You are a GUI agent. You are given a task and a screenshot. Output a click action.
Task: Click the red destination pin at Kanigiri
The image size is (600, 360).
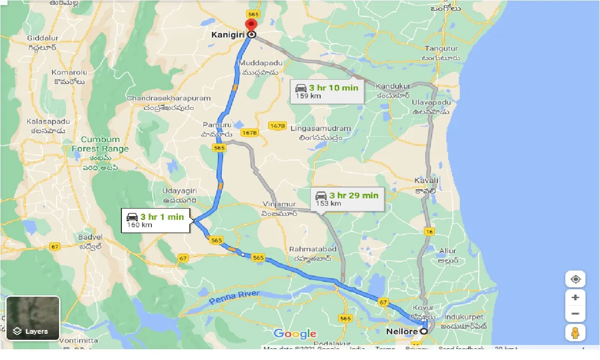point(252,26)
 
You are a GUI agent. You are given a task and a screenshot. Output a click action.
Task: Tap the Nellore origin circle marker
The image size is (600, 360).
point(424,331)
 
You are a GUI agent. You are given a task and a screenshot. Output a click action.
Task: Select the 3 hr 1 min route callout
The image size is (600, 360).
point(155,220)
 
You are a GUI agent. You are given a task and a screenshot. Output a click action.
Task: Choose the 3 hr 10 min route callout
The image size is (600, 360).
point(327,91)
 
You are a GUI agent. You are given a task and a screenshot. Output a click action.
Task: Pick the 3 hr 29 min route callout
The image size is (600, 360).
point(347,199)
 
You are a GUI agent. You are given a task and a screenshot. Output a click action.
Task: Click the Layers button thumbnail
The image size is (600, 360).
point(33,318)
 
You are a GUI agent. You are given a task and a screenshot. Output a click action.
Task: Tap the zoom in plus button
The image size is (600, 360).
point(575,298)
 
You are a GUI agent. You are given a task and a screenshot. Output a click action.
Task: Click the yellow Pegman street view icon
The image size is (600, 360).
point(575,332)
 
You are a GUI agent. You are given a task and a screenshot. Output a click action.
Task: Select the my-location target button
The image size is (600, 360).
point(575,279)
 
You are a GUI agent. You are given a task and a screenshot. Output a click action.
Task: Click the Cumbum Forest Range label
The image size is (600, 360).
point(100,144)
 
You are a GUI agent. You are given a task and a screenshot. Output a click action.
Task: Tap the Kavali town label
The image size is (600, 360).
point(426,180)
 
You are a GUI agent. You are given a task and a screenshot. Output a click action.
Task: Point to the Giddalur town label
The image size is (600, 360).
point(42,37)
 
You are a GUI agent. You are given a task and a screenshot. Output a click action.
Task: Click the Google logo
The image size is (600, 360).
point(295,334)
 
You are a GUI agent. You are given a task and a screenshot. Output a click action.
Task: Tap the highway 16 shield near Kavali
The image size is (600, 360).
point(430,231)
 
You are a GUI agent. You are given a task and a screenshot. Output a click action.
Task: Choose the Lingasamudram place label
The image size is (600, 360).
point(321,128)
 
